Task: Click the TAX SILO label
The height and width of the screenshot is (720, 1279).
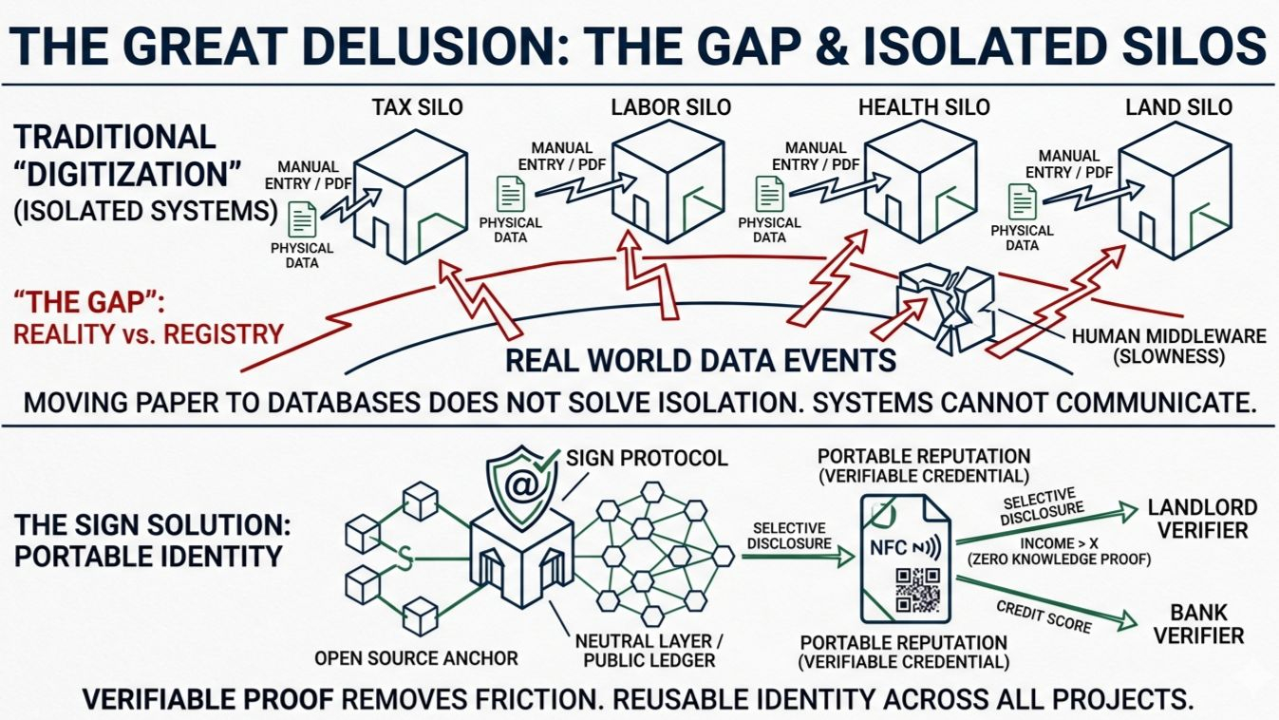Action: tap(417, 107)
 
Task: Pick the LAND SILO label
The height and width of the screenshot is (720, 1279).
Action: tap(1178, 107)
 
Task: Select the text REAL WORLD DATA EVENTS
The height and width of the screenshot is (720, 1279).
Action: tap(701, 360)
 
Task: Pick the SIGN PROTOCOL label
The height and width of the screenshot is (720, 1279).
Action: tap(647, 459)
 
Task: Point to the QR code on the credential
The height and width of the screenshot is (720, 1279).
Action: tap(916, 590)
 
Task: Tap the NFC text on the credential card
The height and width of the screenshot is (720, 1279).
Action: tap(890, 547)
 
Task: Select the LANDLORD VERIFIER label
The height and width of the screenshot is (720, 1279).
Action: tap(1202, 519)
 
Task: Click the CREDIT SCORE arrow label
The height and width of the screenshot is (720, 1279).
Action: tap(1043, 616)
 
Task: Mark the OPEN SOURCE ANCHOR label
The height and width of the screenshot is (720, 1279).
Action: tap(416, 658)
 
